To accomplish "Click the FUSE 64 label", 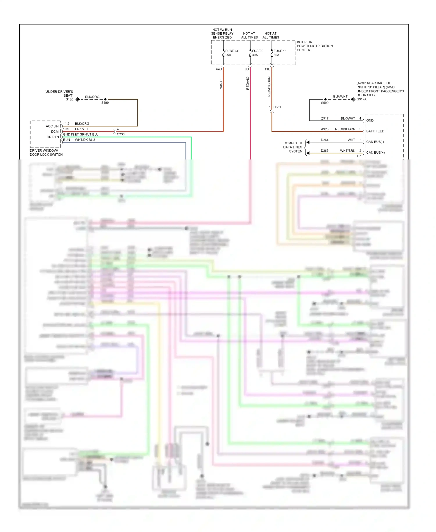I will (x=232, y=51).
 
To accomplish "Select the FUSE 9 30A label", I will (x=257, y=53).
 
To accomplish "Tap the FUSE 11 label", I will (x=280, y=51).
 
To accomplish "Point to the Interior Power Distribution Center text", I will (x=314, y=46).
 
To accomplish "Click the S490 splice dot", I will (x=105, y=99).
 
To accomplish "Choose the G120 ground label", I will (x=69, y=100).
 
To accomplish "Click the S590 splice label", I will (x=325, y=103).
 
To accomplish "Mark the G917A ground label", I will (x=362, y=99).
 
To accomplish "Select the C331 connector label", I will (x=277, y=107).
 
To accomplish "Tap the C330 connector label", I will (x=121, y=134).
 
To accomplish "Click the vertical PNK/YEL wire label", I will (x=221, y=83).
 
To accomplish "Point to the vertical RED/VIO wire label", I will (x=248, y=83).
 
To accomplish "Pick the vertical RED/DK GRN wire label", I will (x=269, y=86).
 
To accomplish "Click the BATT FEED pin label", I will (x=375, y=131).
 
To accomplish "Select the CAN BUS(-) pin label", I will (x=375, y=142).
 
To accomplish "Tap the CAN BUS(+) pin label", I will (x=375, y=152).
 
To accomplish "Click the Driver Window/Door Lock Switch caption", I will (x=46, y=152).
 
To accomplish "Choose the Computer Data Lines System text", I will (x=293, y=147).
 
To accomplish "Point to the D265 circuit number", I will (x=324, y=151).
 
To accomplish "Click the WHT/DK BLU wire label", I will (x=85, y=140).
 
